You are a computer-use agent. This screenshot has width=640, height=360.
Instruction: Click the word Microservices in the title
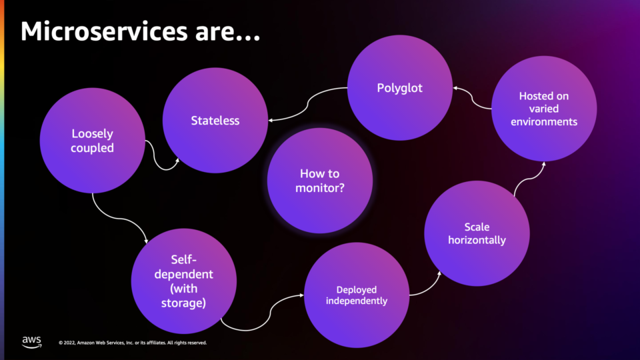pos(104,31)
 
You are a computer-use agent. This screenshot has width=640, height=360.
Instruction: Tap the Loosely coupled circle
pos(92,141)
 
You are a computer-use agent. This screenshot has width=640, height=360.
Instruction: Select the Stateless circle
pos(215,121)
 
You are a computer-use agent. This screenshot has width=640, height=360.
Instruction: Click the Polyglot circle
pos(400,88)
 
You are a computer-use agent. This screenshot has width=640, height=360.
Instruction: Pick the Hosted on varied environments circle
pos(544,109)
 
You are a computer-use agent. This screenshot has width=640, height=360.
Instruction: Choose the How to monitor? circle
pos(320,181)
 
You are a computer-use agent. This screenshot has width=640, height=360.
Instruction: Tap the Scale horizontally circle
pos(477,233)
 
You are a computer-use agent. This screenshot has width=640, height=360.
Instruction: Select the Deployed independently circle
pos(357,295)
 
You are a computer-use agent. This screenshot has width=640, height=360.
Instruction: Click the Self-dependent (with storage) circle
pos(184,281)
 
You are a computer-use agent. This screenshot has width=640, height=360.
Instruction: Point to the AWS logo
pos(32,342)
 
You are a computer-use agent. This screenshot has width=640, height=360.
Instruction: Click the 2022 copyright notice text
pos(133,343)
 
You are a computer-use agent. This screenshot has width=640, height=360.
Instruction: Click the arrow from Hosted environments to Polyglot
pos(472,98)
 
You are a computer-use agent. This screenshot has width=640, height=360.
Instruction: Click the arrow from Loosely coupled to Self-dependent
pos(119,219)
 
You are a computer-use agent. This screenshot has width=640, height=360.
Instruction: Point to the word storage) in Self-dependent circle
pos(184,303)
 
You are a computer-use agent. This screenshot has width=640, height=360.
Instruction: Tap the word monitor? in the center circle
pos(320,188)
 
